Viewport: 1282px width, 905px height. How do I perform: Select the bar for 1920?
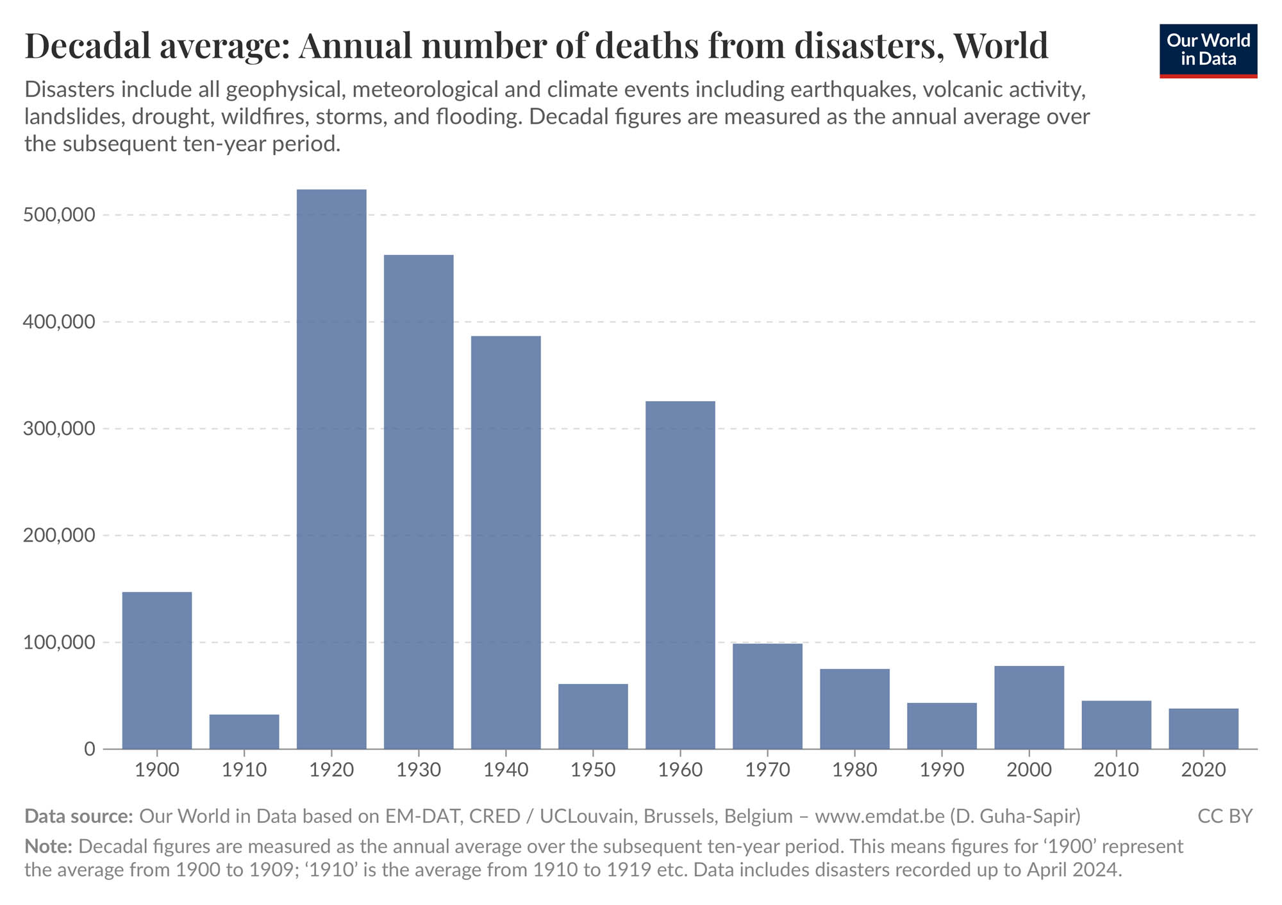click(x=331, y=469)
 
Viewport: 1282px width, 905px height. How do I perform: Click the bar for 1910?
click(x=244, y=731)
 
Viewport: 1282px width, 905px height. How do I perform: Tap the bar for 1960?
click(x=680, y=575)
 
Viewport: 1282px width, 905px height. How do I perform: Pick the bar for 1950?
click(x=593, y=716)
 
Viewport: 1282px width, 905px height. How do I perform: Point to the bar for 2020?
click(x=1203, y=728)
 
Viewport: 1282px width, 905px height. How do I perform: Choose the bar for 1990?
click(x=942, y=726)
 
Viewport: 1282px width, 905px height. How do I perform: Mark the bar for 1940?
click(x=506, y=542)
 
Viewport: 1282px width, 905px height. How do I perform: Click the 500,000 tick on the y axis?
click(x=59, y=215)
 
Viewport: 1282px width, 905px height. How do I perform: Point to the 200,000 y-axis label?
click(x=59, y=535)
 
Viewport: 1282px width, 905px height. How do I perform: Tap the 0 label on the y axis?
click(x=89, y=749)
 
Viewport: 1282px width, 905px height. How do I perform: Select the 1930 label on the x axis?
click(x=419, y=770)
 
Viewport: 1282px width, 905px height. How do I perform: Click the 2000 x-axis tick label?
click(x=1029, y=770)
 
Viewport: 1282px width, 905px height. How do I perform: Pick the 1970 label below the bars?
click(x=767, y=770)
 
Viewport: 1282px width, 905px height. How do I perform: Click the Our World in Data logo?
click(x=1208, y=51)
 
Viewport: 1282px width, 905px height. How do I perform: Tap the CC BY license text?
click(x=1224, y=816)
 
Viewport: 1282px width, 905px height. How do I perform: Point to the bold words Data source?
click(x=78, y=816)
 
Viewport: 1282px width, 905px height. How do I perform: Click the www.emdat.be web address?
click(x=879, y=816)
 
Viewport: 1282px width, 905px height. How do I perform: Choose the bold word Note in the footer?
click(x=48, y=846)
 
